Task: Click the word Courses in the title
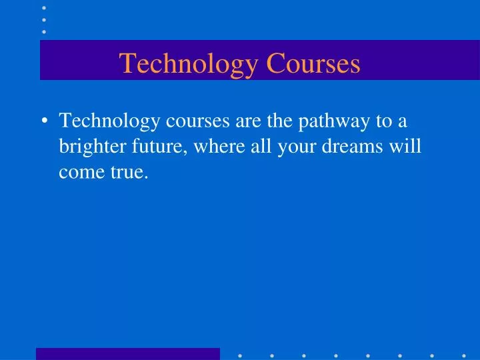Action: [313, 63]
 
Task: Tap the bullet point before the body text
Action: [44, 122]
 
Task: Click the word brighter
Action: [89, 147]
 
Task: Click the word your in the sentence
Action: [301, 147]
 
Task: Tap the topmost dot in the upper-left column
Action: [45, 7]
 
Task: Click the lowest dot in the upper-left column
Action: [45, 31]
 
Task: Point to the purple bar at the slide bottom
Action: [127, 353]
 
